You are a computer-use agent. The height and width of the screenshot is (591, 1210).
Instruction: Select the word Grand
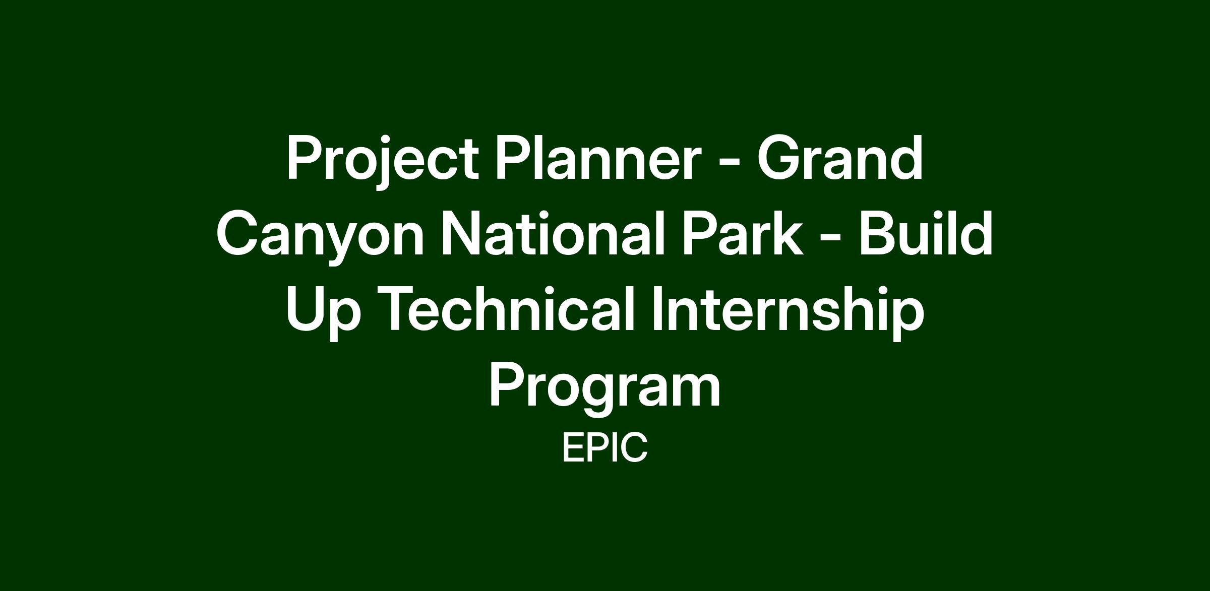tap(840, 158)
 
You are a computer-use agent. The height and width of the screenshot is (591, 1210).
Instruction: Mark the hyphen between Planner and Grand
tap(729, 162)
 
